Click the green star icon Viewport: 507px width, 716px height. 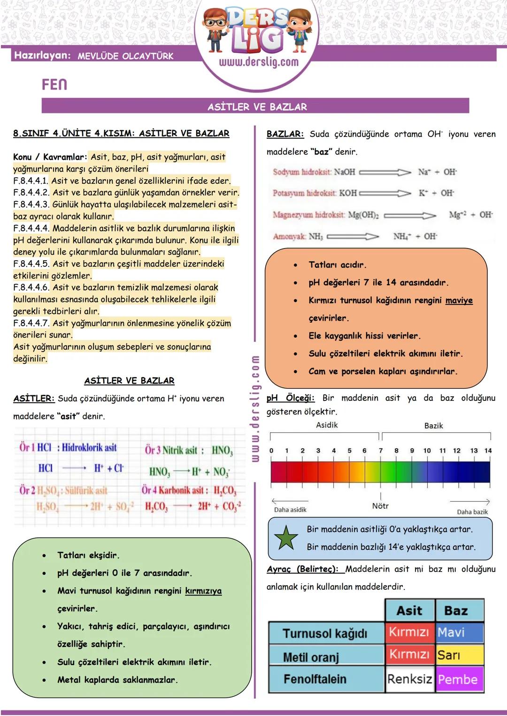click(286, 537)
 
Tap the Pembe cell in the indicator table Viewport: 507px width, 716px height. click(459, 679)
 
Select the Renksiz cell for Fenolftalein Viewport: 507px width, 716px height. click(409, 679)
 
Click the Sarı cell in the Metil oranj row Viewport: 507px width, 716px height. click(459, 655)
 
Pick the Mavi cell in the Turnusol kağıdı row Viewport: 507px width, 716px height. click(459, 633)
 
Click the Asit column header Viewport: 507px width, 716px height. click(409, 610)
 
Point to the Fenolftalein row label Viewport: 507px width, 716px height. click(315, 679)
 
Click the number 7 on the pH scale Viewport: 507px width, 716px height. click(381, 451)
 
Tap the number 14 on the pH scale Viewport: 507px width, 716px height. click(488, 451)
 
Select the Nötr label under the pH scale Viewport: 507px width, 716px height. click(380, 506)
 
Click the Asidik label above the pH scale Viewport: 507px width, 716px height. click(327, 425)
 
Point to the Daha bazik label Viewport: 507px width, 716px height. click(472, 512)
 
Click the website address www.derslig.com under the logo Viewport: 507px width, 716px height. click(259, 62)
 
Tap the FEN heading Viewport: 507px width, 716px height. click(54, 84)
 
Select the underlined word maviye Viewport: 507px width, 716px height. click(459, 301)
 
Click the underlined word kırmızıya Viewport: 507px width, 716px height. click(203, 591)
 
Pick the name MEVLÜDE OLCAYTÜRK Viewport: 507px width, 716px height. click(125, 56)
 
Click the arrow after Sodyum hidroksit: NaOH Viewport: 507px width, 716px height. click(385, 172)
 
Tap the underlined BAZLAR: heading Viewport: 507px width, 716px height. click(285, 134)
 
